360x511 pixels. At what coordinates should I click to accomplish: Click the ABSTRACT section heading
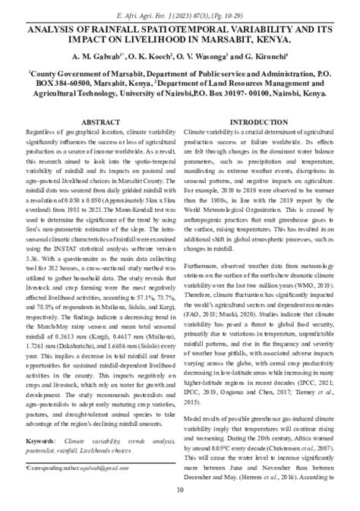pos(99,121)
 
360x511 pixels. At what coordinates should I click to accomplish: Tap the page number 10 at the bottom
pos(180,489)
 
